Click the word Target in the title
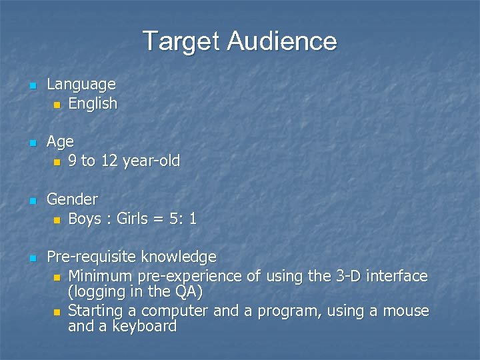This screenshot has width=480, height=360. (181, 41)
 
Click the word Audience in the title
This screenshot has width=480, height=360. (282, 41)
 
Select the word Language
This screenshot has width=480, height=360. (81, 85)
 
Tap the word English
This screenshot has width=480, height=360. (93, 103)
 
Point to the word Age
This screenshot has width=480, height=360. (60, 142)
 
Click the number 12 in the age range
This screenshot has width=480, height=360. (109, 161)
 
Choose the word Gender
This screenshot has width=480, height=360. (72, 199)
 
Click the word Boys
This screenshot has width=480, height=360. (85, 219)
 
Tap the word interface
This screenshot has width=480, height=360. (394, 276)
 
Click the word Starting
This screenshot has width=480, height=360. (95, 311)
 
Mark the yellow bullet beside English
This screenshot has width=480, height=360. (57, 105)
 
